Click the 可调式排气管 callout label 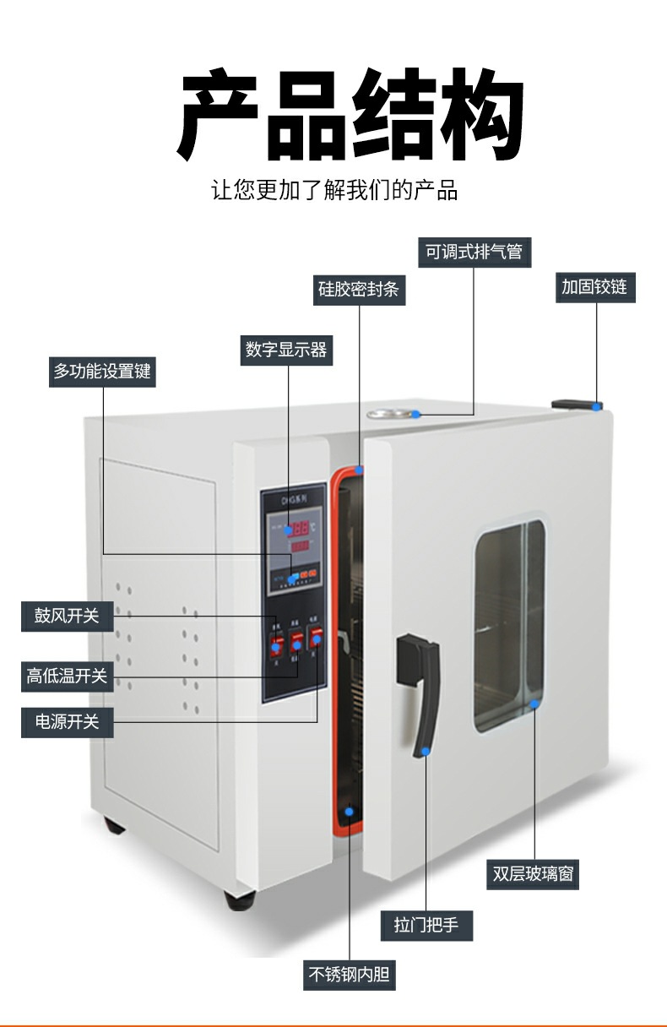pyautogui.click(x=474, y=252)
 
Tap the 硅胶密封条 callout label pyautogui.click(x=358, y=289)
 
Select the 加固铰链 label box pyautogui.click(x=594, y=287)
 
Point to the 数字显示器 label pyautogui.click(x=286, y=350)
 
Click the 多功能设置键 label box pyautogui.click(x=103, y=372)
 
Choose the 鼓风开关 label pyautogui.click(x=67, y=616)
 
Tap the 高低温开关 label pyautogui.click(x=67, y=676)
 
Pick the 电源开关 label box pyautogui.click(x=67, y=722)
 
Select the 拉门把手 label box pyautogui.click(x=426, y=925)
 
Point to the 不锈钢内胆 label pyautogui.click(x=350, y=975)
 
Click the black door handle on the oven pyautogui.click(x=421, y=693)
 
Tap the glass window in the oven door pyautogui.click(x=509, y=625)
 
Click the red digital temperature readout pyautogui.click(x=300, y=530)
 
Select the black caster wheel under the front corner pyautogui.click(x=239, y=899)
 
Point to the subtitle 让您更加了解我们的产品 pyautogui.click(x=334, y=190)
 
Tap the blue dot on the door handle pyautogui.click(x=426, y=751)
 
